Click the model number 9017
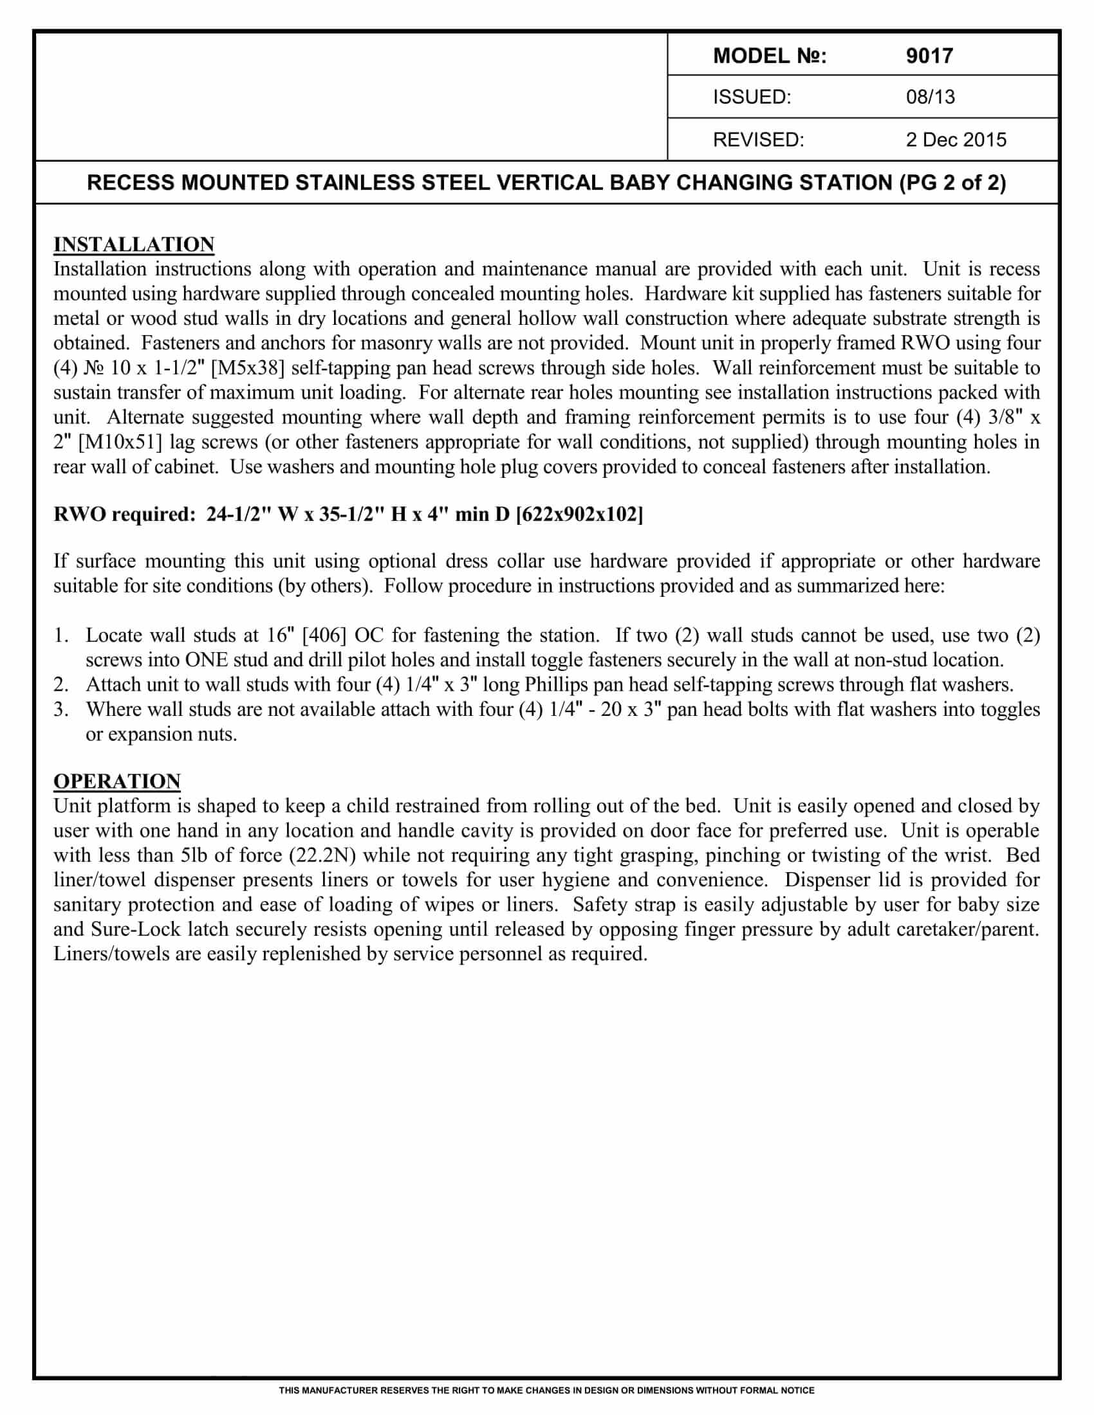[929, 57]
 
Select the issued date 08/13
[930, 97]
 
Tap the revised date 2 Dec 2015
[956, 140]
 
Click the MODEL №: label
[769, 57]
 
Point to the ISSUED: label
[752, 97]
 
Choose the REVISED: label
[758, 140]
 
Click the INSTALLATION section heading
[133, 245]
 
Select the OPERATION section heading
[116, 781]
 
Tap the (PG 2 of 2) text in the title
[952, 183]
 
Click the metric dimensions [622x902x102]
[579, 515]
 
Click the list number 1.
[61, 635]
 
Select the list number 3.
[61, 709]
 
